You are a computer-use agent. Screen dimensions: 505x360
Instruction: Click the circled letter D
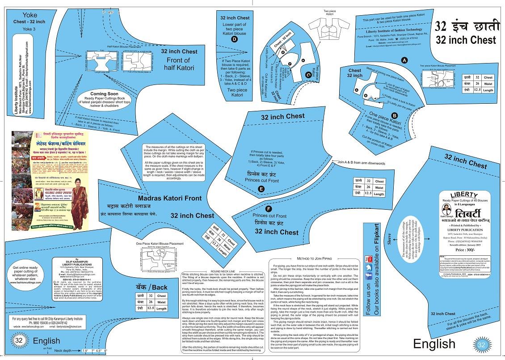pos(234,39)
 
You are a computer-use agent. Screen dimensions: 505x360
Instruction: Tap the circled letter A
pos(404,59)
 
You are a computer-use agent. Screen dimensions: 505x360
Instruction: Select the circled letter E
pos(261,189)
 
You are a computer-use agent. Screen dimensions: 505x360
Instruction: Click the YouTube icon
pos(369,259)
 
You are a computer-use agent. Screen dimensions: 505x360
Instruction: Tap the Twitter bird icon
pos(369,268)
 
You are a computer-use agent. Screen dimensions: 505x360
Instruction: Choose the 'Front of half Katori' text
pos(181,64)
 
